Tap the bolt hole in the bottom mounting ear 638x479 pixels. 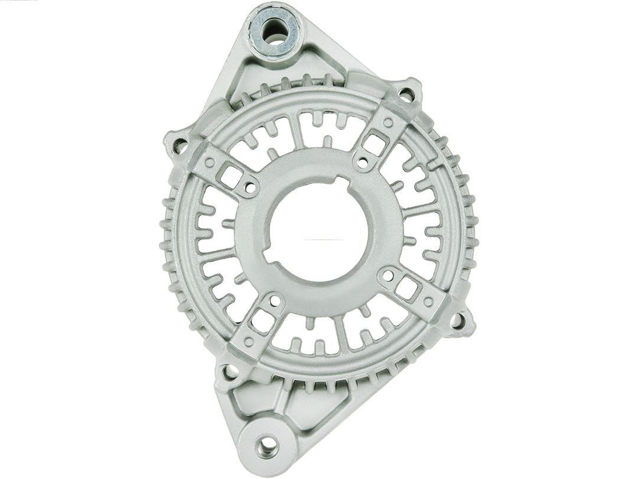click(267, 444)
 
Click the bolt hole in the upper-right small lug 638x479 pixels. click(406, 93)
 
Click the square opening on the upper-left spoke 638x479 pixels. click(231, 175)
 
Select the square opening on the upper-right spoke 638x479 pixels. click(376, 143)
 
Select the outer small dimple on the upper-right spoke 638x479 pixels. click(388, 122)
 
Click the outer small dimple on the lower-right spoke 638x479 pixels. click(428, 302)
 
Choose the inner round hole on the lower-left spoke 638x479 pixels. click(275, 300)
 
